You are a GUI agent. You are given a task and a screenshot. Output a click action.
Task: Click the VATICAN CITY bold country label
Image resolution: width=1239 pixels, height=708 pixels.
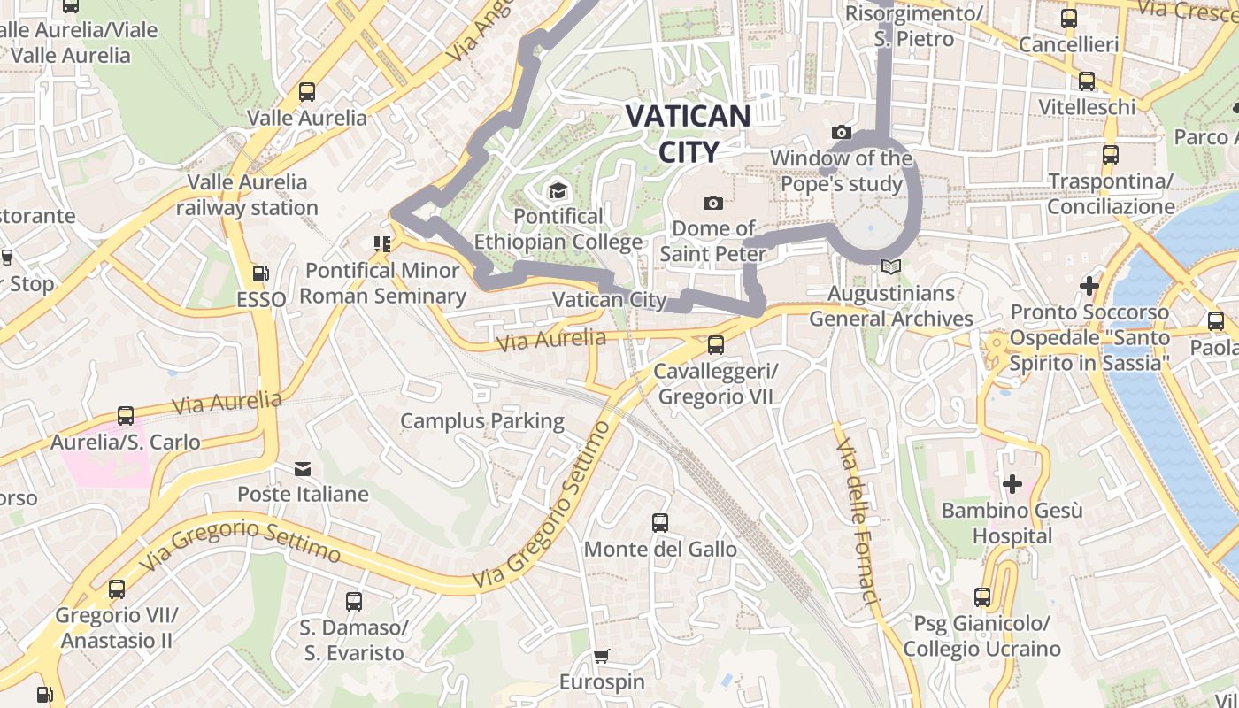point(688,133)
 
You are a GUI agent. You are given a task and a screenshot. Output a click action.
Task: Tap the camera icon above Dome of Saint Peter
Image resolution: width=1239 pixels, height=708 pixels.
point(712,204)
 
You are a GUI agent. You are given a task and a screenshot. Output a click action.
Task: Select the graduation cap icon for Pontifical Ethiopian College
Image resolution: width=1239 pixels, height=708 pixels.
point(557,190)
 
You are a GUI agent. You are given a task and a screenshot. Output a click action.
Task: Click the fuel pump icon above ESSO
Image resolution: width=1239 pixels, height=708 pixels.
point(260,274)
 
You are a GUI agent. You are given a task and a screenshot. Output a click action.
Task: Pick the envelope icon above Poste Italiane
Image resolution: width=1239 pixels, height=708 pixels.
point(303,468)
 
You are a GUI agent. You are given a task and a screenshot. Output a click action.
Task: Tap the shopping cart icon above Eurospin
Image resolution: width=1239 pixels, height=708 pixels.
point(602,657)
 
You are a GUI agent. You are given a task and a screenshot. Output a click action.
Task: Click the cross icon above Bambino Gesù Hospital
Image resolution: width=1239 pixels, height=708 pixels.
point(1012,484)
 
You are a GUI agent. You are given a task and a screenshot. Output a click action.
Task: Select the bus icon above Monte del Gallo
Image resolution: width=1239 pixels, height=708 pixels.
point(660,523)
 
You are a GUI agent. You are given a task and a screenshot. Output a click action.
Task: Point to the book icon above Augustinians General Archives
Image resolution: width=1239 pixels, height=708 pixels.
point(891,266)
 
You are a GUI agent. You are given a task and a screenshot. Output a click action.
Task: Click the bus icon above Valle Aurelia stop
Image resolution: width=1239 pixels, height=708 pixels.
point(307,92)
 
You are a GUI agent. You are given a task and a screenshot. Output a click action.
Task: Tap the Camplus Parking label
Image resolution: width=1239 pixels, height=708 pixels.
point(482,420)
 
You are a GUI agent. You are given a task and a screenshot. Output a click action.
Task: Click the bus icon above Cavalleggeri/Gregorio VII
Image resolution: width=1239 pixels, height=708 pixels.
point(715,345)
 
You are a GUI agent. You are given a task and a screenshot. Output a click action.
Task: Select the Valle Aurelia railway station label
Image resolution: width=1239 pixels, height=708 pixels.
point(247,195)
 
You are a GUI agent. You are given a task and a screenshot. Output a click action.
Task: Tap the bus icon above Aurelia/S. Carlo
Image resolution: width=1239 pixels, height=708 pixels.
point(126,416)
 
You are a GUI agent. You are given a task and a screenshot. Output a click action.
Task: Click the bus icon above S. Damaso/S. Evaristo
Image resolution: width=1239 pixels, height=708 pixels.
point(354,602)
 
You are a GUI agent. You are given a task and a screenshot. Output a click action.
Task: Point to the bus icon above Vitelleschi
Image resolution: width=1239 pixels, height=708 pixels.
point(1087,81)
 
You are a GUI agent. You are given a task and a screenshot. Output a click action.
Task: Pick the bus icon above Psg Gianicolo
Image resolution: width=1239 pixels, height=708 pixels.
point(981,597)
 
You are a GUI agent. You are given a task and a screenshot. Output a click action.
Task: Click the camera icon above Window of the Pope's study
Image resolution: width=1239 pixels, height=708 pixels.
point(842,133)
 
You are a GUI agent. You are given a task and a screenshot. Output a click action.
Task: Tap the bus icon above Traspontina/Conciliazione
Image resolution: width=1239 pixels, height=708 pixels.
point(1111,155)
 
